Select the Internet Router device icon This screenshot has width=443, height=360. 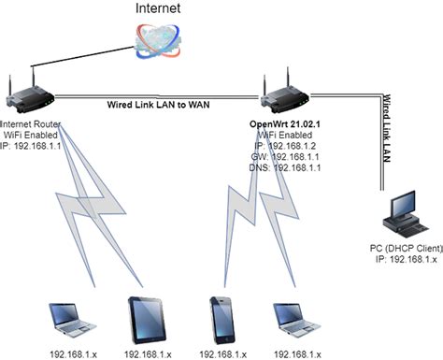(29, 94)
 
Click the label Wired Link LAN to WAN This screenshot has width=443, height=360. (157, 106)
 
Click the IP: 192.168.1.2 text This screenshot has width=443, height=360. (288, 147)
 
